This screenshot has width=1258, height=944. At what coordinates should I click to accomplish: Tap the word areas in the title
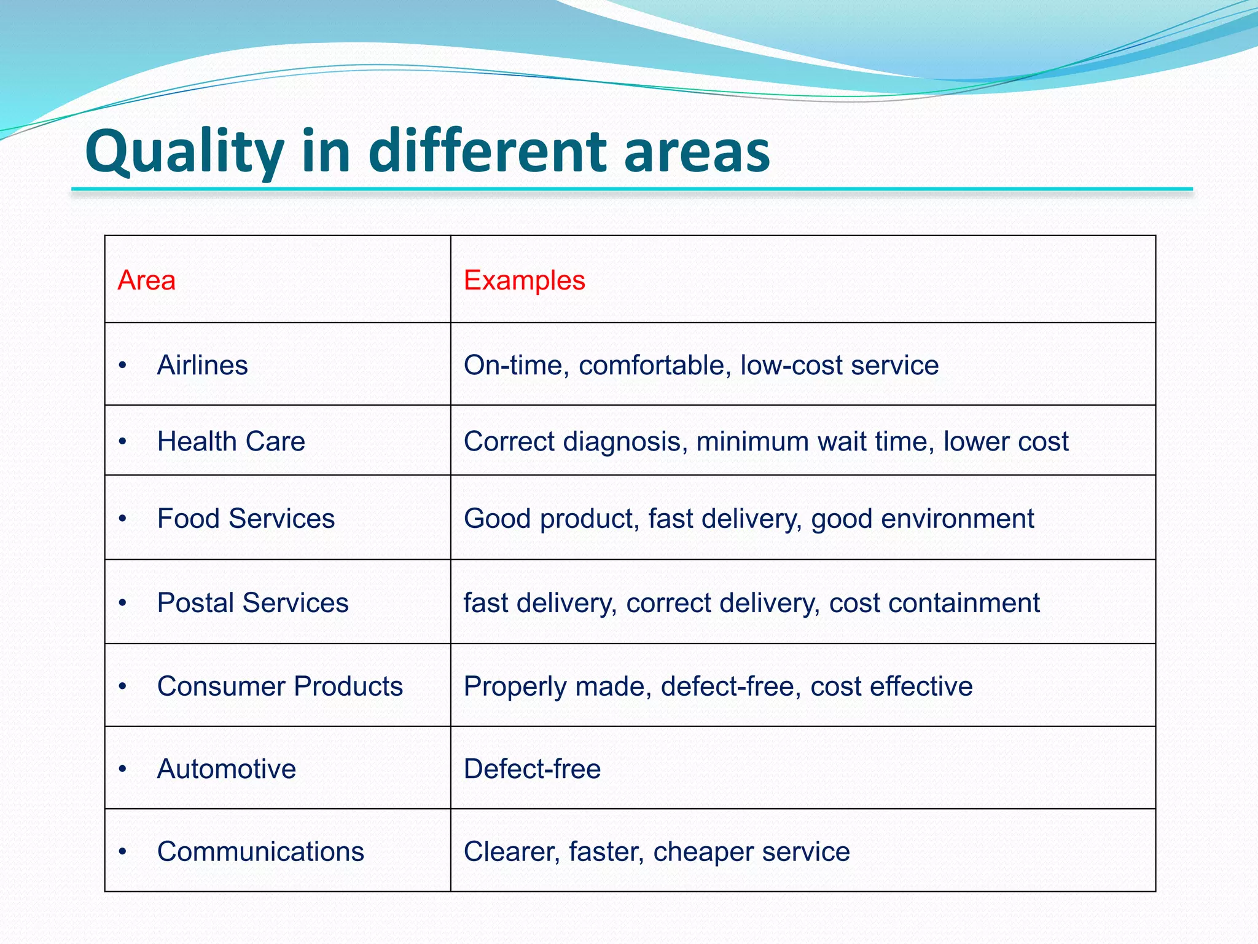(697, 152)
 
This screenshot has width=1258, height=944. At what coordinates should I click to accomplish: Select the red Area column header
(146, 280)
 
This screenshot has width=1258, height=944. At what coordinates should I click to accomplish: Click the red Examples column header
(524, 280)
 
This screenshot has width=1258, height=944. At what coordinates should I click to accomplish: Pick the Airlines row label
(202, 365)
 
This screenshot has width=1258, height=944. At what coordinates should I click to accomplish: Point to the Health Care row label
(231, 441)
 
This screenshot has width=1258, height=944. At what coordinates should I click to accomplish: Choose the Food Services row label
(246, 518)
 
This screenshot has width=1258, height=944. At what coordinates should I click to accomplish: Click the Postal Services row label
(252, 602)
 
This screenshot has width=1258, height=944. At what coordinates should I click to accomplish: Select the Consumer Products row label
(279, 686)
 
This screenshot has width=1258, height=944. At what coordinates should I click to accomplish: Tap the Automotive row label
(226, 769)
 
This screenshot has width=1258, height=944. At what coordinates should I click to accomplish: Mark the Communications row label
(260, 852)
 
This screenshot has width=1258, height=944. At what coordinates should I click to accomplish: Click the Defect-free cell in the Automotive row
(532, 769)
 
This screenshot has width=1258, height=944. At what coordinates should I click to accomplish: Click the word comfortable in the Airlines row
(655, 365)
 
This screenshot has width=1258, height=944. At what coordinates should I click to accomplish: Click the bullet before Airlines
(123, 366)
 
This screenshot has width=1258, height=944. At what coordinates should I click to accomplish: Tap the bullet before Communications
(123, 852)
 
